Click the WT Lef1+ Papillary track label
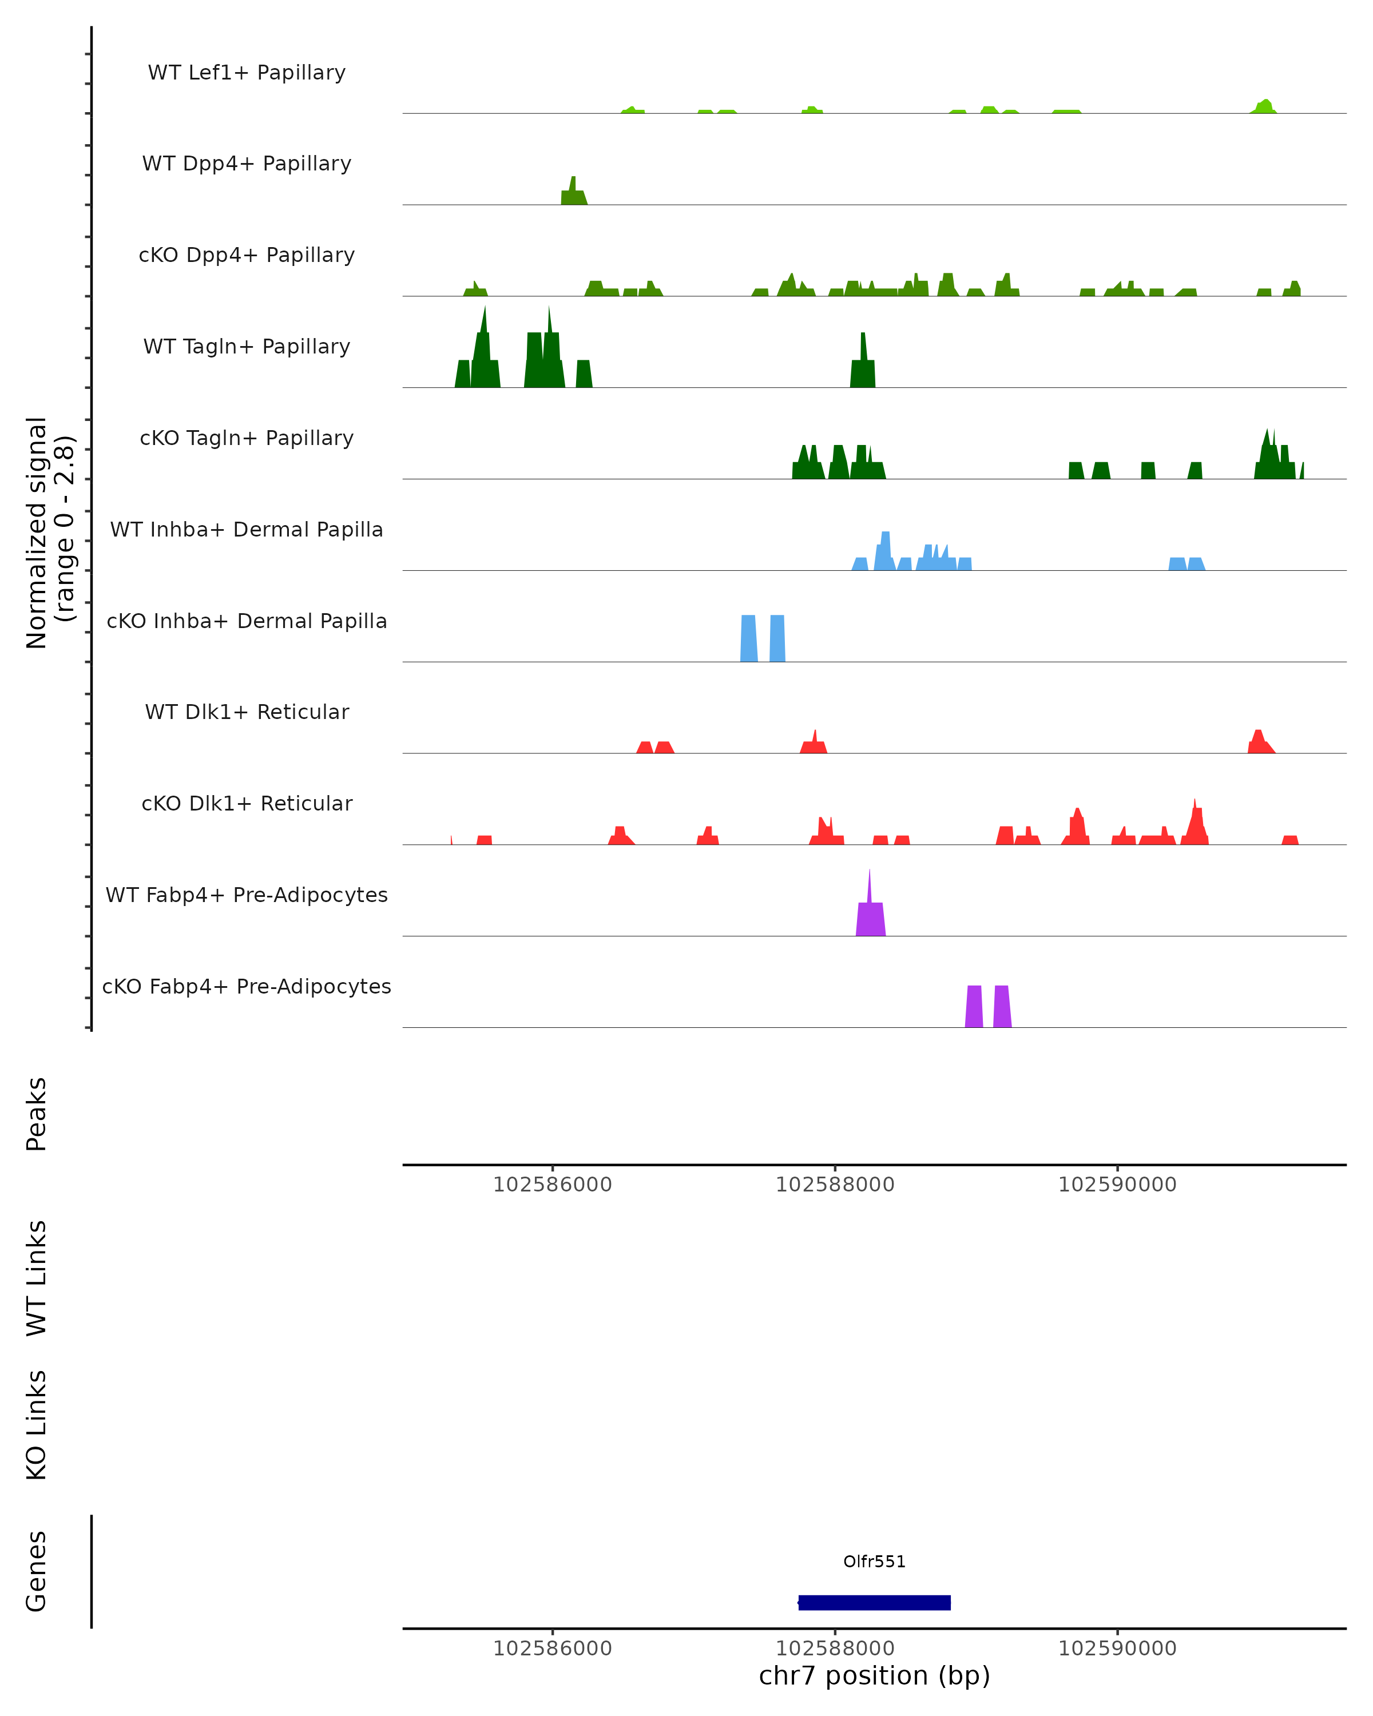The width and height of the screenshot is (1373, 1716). click(x=247, y=73)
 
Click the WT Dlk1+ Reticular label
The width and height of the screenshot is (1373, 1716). click(x=247, y=712)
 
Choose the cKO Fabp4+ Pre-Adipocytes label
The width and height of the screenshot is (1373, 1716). click(x=247, y=986)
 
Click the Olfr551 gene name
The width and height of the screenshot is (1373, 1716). click(x=874, y=1562)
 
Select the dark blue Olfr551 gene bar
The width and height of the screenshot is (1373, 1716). click(x=874, y=1602)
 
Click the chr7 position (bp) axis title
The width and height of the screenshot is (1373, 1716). click(x=874, y=1675)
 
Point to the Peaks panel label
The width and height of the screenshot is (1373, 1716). click(x=37, y=1114)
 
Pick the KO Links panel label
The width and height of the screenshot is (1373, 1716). click(x=37, y=1425)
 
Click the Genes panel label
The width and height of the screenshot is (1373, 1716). click(x=37, y=1571)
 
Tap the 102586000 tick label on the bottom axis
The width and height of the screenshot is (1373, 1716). click(x=553, y=1649)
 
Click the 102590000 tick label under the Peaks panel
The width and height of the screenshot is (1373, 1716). click(x=1117, y=1185)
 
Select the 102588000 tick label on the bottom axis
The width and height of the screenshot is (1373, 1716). click(x=835, y=1649)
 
